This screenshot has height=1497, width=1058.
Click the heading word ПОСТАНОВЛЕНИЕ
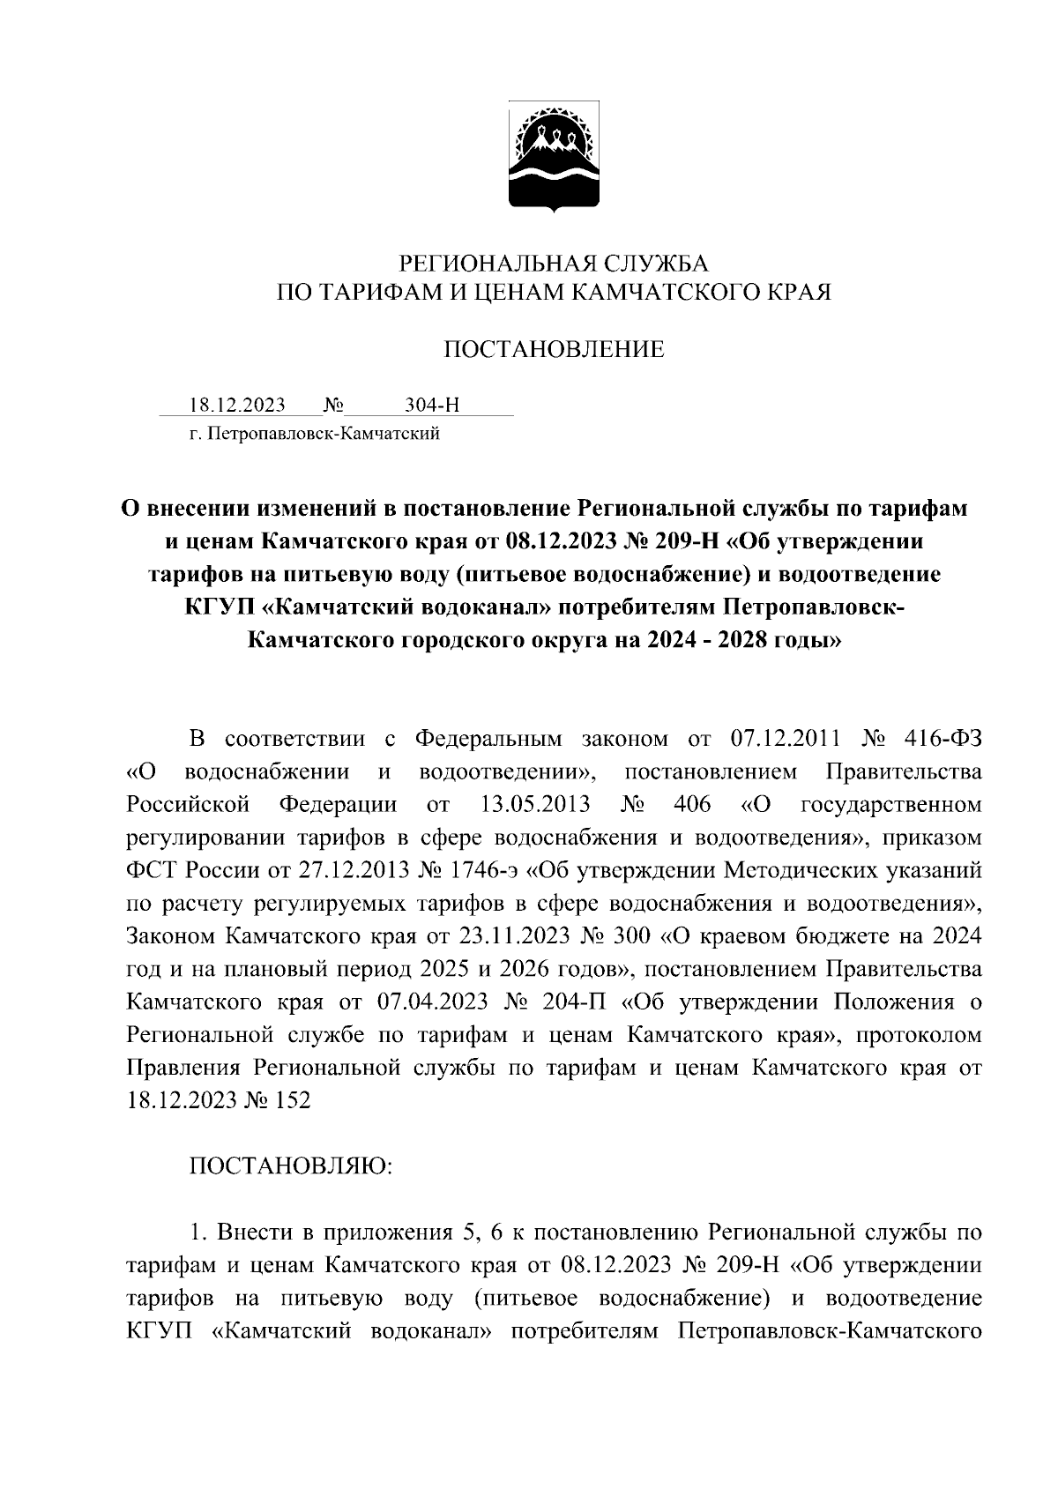[x=553, y=350]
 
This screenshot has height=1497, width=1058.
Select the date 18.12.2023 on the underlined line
[x=237, y=406]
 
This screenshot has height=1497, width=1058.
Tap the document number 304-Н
[x=432, y=406]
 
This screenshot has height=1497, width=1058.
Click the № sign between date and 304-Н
[x=334, y=406]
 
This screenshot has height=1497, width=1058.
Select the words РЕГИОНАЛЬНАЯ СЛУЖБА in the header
[x=554, y=263]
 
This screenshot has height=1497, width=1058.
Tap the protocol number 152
[x=291, y=1100]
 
